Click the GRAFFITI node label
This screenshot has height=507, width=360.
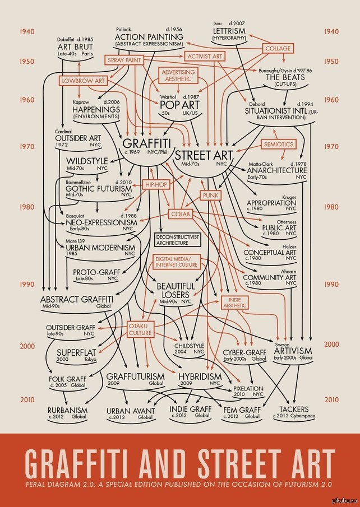[147, 143]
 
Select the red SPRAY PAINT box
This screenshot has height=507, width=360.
[124, 59]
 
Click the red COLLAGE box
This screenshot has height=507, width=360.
[278, 49]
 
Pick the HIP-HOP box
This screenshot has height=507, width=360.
[157, 184]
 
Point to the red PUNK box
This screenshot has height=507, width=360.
[210, 196]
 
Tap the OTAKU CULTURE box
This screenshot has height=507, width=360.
[140, 329]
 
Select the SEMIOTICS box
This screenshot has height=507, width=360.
[279, 144]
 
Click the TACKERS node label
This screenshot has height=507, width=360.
[294, 409]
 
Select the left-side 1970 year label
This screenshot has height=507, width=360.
[26, 147]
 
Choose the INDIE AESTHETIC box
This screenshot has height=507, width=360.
[234, 303]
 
